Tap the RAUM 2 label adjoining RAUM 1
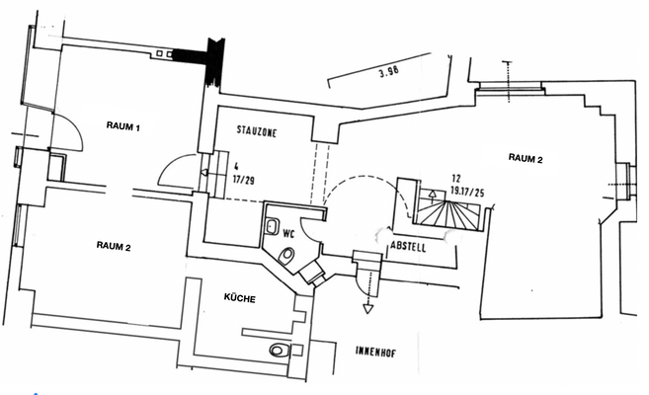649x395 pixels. point(115,245)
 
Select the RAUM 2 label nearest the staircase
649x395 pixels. point(526,157)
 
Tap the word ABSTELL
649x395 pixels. point(408,247)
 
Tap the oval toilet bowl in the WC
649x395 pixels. point(286,257)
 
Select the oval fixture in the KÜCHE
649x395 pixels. point(278,350)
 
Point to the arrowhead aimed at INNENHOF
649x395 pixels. point(367,308)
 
